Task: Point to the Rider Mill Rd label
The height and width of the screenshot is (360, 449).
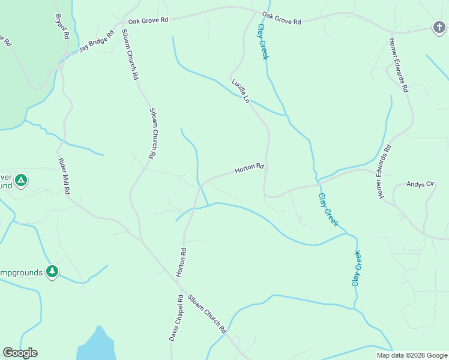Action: [64, 176]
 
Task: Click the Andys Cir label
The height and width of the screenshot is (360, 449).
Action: [420, 184]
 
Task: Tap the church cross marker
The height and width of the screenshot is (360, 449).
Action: [439, 26]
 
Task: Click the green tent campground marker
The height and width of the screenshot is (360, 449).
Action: [21, 180]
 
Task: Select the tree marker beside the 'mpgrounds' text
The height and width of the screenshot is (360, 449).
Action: [53, 272]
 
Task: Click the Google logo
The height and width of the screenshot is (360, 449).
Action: [20, 353]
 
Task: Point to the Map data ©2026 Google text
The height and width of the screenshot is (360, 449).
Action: [412, 355]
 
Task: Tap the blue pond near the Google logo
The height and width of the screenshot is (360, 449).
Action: [97, 345]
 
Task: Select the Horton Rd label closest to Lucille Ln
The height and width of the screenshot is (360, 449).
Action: [249, 169]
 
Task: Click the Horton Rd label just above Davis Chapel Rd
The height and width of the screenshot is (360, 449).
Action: [181, 262]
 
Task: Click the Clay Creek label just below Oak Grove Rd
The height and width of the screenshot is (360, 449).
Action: [262, 41]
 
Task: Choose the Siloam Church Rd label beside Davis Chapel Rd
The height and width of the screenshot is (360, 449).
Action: [206, 314]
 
